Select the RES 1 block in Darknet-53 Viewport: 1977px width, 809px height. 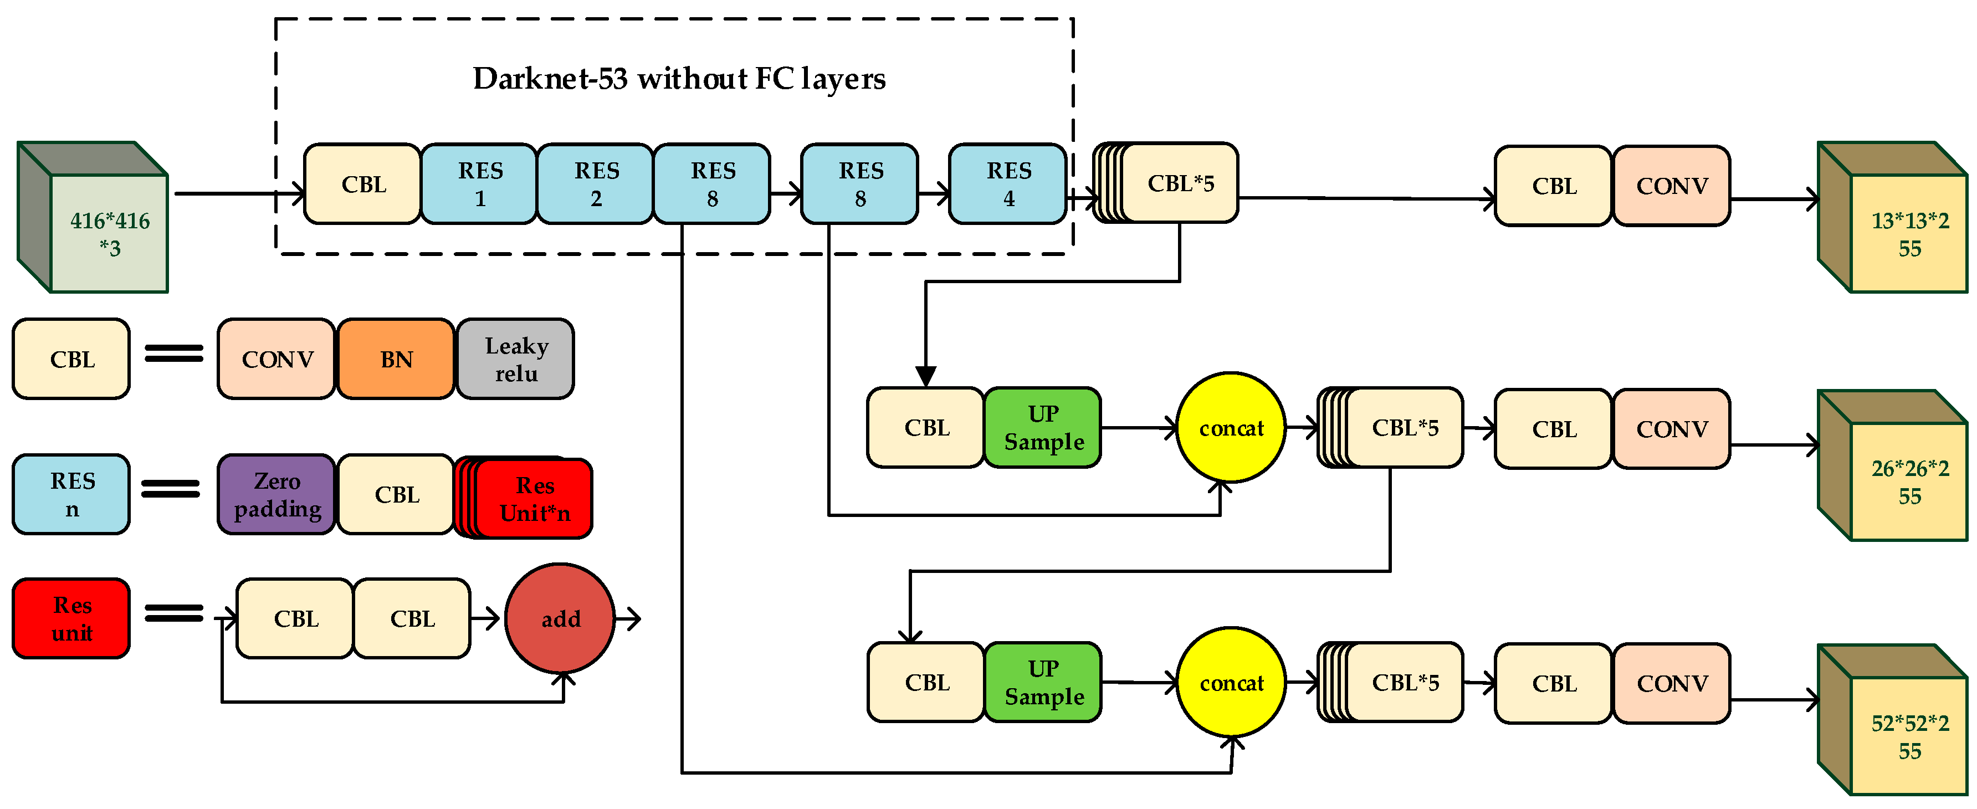(480, 184)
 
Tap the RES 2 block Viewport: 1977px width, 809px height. (596, 184)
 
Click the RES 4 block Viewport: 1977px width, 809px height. (1008, 184)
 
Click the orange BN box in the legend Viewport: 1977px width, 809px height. (396, 359)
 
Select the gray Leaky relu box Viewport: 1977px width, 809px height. (516, 359)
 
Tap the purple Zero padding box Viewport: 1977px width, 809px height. (277, 495)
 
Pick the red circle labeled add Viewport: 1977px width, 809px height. (560, 618)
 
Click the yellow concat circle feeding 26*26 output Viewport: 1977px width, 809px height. (1231, 428)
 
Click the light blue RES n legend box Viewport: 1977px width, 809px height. (71, 494)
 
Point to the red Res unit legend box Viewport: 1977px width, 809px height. (71, 618)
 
